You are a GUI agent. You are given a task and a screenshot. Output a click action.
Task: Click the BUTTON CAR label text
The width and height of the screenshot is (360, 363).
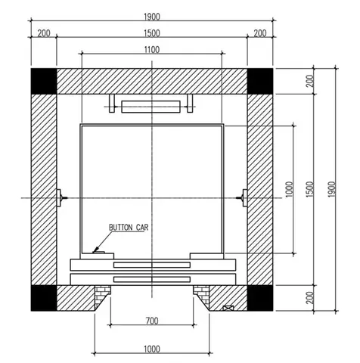tap(129, 228)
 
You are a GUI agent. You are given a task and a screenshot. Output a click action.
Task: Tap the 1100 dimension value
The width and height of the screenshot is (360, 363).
tap(152, 50)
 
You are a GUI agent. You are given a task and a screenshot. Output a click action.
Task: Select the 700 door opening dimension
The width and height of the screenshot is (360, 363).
tap(152, 321)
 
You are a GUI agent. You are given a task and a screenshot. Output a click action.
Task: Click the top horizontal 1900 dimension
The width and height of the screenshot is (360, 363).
tap(152, 17)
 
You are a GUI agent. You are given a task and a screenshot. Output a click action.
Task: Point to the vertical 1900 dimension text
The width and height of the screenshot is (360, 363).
tap(332, 189)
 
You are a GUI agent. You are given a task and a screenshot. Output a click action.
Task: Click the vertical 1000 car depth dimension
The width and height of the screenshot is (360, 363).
tap(290, 189)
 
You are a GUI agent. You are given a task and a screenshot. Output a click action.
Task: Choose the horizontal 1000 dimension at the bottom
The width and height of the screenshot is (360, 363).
tap(152, 349)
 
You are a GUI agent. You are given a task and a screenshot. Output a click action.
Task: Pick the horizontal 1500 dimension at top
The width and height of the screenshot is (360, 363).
tap(152, 33)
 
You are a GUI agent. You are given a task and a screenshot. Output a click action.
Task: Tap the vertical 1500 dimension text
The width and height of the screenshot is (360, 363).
tap(311, 189)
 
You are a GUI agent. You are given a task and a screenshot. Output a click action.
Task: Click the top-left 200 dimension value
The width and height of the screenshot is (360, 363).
tap(44, 33)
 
